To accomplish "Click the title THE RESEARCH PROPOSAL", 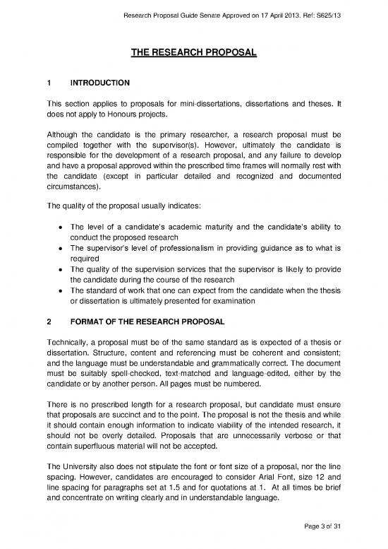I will click(194, 53).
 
